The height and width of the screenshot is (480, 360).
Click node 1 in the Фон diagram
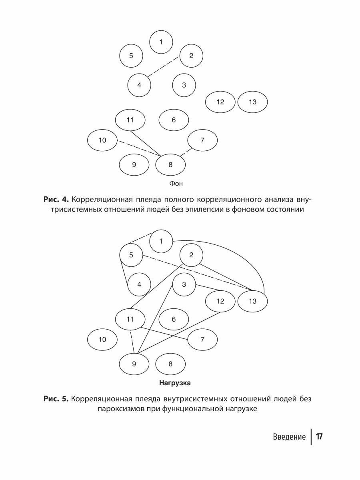pos(161,41)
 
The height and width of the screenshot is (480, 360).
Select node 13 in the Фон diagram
pos(252,102)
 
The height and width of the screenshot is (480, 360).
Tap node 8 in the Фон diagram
pos(170,164)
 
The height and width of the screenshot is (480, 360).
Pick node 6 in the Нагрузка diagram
pos(174,319)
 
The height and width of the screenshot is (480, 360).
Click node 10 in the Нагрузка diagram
pos(102,340)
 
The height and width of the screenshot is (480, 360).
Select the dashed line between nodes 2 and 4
pos(163,67)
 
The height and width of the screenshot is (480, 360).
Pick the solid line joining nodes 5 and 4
pos(124,276)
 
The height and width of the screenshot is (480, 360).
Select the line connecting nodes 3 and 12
pos(208,288)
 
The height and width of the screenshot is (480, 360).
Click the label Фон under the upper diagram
pos(176,184)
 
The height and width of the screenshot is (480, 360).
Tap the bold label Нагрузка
pos(175,383)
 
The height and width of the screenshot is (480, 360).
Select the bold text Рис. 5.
pos(56,399)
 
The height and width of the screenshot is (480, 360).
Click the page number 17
pos(319,436)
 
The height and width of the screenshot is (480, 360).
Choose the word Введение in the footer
pos(290,437)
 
